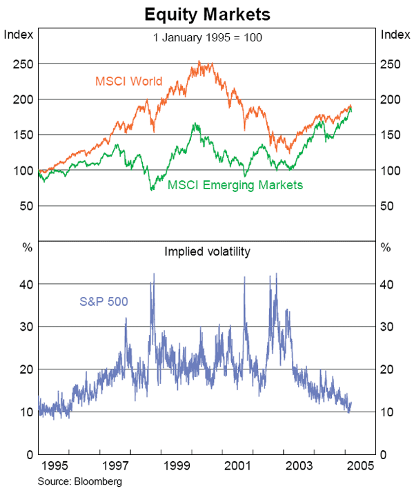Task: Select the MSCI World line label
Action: [128, 81]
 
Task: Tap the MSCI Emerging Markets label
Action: [236, 185]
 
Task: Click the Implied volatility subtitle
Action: [207, 252]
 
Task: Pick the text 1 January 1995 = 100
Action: [207, 37]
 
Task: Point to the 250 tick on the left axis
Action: [23, 64]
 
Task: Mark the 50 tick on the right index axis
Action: [388, 206]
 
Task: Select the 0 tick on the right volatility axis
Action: [384, 455]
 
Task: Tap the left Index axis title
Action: [19, 35]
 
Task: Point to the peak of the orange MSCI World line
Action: [199, 61]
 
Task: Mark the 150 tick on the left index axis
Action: [23, 135]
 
